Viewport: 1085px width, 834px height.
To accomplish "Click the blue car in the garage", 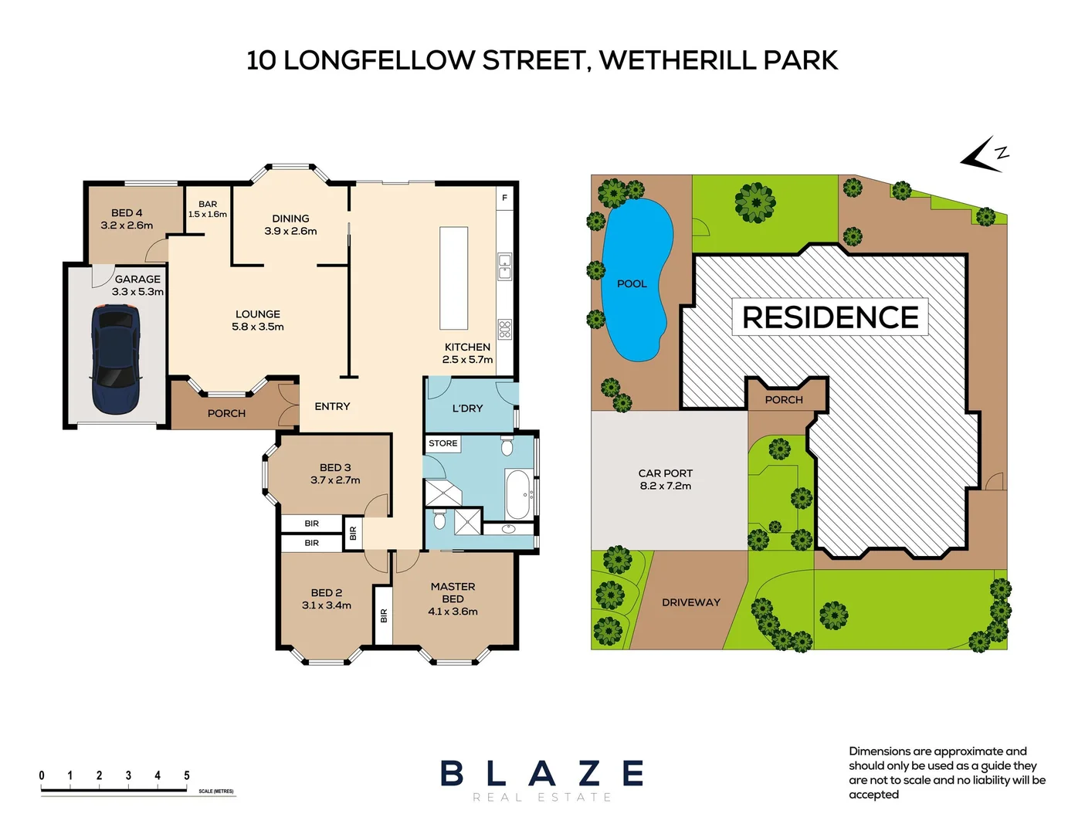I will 116,359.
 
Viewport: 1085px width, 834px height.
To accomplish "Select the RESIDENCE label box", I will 830,317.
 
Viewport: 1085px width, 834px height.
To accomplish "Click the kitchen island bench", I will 454,278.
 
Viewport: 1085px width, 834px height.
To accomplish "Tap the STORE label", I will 442,443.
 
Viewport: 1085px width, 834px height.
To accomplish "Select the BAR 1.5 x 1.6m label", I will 208,209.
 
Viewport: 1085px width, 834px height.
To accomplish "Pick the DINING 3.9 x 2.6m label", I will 290,225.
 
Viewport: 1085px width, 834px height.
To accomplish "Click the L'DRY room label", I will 467,408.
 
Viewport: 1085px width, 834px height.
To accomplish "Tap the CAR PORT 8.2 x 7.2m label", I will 666,480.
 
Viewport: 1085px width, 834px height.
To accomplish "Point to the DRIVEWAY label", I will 690,602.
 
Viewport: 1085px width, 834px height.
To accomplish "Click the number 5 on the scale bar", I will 187,775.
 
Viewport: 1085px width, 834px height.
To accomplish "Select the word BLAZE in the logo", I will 542,773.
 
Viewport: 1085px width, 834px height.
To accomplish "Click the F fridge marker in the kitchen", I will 504,198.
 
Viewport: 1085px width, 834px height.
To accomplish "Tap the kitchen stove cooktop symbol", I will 504,329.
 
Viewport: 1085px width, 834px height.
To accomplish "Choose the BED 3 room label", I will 335,473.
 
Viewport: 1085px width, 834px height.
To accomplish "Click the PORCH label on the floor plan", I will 226,413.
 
